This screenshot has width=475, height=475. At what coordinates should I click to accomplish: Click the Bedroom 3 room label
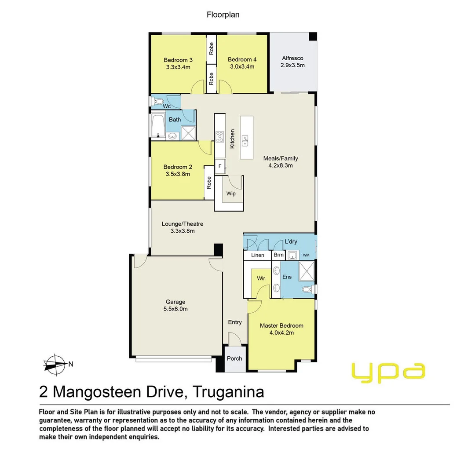click(x=178, y=60)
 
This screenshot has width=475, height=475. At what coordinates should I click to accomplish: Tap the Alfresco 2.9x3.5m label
click(x=292, y=62)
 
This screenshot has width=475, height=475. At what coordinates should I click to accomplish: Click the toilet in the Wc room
click(x=157, y=102)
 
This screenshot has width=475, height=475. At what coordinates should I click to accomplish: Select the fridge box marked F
click(x=220, y=166)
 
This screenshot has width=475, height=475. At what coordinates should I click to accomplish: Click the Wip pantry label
click(x=231, y=194)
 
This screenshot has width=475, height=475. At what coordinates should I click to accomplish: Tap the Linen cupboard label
click(x=258, y=255)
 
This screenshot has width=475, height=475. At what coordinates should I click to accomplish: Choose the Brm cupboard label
click(x=279, y=255)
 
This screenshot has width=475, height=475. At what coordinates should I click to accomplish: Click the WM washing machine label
click(x=306, y=255)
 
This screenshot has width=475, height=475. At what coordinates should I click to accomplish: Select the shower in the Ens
click(x=307, y=271)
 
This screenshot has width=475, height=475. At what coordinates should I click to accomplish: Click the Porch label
click(x=234, y=358)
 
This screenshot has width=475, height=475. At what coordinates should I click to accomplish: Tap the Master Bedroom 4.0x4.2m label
click(x=281, y=329)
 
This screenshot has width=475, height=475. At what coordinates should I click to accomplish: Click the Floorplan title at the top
click(x=223, y=15)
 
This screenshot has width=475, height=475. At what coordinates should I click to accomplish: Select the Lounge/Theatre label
click(x=182, y=227)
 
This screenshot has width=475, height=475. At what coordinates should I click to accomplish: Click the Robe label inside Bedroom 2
click(x=209, y=183)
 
